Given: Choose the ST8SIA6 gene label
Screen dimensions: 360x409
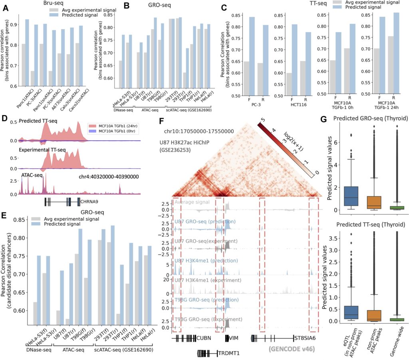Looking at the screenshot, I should pos(307,338).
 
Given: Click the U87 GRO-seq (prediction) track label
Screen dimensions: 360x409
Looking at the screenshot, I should pos(199,221).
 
